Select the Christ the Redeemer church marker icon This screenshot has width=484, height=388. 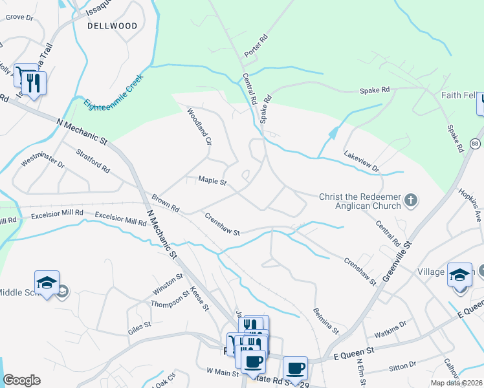click(x=410, y=201)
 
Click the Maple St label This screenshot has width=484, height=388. click(x=212, y=181)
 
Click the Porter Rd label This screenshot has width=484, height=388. click(x=256, y=45)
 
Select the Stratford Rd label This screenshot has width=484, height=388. click(x=93, y=159)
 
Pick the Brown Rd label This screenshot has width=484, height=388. click(x=165, y=203)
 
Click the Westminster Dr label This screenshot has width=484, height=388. click(x=43, y=160)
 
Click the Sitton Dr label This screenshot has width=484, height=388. click(x=403, y=367)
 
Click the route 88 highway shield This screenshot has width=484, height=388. click(x=476, y=143)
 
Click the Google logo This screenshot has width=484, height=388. click(x=21, y=380)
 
